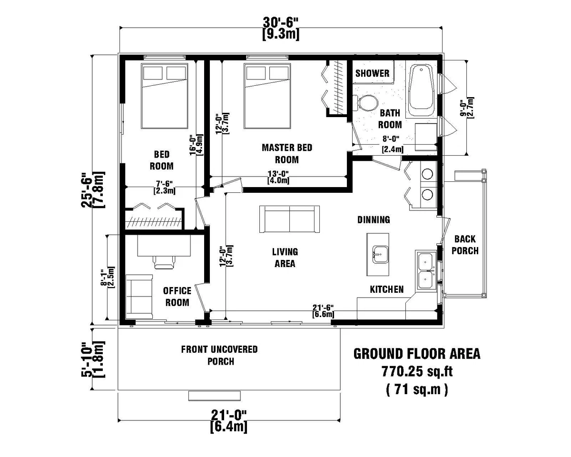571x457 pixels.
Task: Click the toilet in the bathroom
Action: click(x=365, y=103)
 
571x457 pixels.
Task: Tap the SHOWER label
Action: click(x=373, y=73)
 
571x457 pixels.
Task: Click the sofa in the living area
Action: click(x=289, y=219)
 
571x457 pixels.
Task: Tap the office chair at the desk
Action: click(x=165, y=261)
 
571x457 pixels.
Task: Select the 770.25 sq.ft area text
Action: click(x=416, y=371)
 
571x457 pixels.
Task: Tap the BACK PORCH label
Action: click(x=465, y=244)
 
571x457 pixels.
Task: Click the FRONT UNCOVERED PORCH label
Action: click(x=219, y=355)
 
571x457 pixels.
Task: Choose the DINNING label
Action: click(x=374, y=219)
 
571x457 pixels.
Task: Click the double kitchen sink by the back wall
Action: click(x=425, y=269)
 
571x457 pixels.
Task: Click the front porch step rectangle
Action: click(x=215, y=396)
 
